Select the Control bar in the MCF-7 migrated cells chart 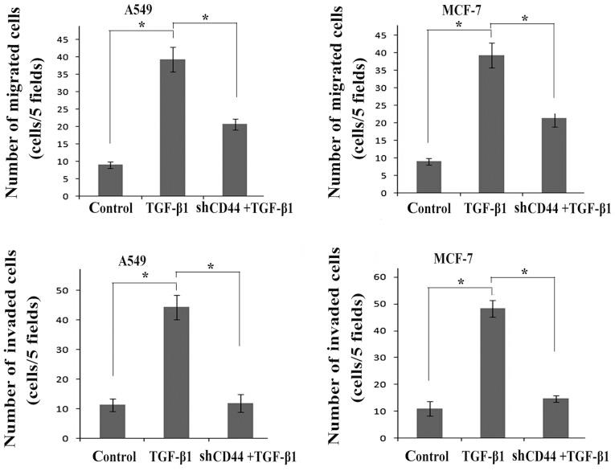pyautogui.click(x=428, y=178)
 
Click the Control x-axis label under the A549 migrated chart pyautogui.click(x=110, y=207)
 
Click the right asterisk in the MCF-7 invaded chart pyautogui.click(x=523, y=272)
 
